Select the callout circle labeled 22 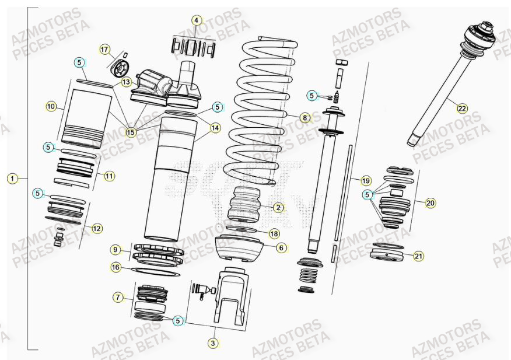[x=462, y=108]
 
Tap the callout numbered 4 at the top [x=197, y=20]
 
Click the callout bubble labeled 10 [x=51, y=106]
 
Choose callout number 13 [x=127, y=83]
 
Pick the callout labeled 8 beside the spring [x=304, y=117]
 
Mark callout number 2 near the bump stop [x=278, y=207]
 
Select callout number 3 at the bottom [x=213, y=343]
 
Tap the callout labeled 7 [x=118, y=298]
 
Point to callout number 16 [x=116, y=267]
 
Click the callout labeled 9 [x=116, y=250]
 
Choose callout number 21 [x=418, y=256]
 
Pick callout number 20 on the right [x=430, y=203]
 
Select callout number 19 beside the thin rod [x=366, y=180]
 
